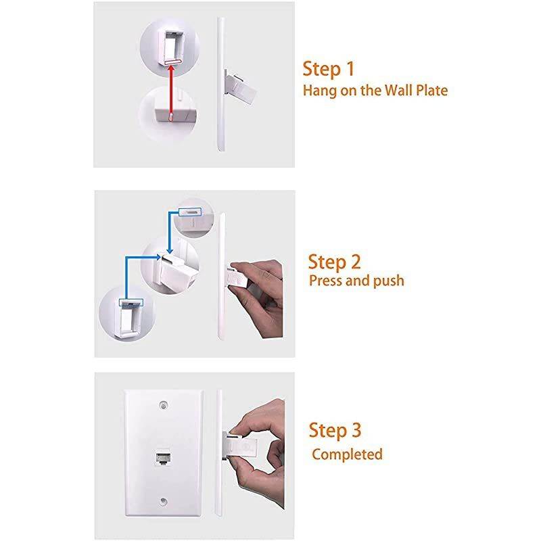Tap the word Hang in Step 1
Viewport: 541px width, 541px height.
coord(320,90)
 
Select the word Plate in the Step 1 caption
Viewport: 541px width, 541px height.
coord(429,90)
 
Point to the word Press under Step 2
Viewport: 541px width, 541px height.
coord(328,280)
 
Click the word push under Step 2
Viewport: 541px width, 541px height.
coord(388,280)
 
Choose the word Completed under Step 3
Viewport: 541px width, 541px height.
coord(347,454)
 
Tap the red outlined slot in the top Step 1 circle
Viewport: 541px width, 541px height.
coord(172,61)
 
